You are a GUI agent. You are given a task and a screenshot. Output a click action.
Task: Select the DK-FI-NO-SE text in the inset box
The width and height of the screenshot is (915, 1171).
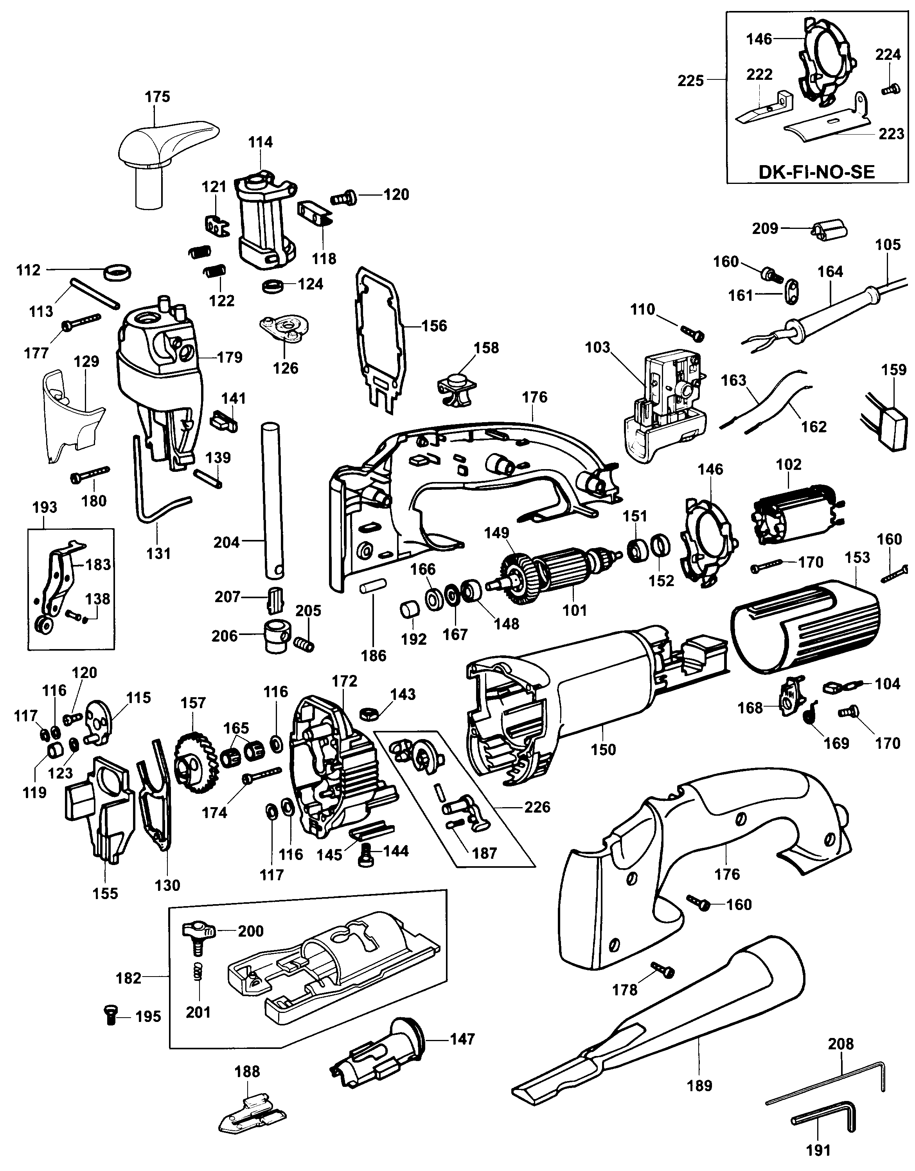click(816, 172)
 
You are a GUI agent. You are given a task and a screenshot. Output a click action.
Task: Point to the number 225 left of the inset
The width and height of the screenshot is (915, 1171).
click(690, 81)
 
